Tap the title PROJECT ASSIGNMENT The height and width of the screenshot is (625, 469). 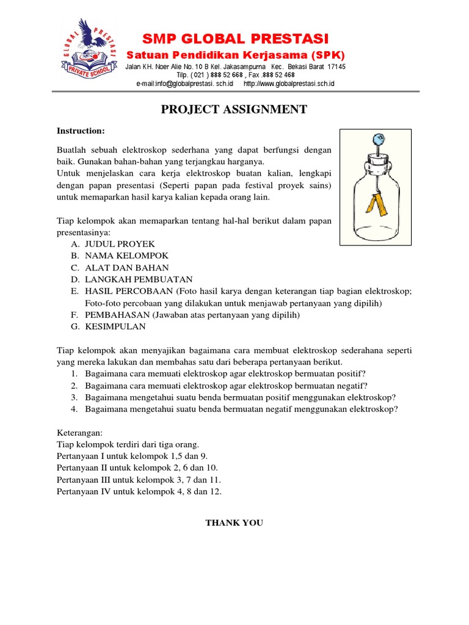tap(234, 110)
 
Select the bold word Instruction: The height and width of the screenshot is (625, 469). tap(81, 131)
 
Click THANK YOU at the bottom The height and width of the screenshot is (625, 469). tap(234, 523)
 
